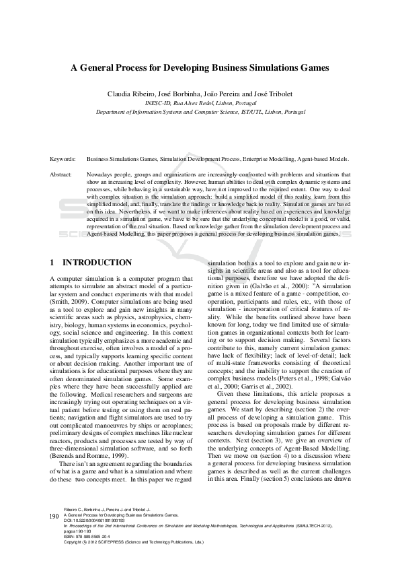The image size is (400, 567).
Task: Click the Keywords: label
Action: click(63, 159)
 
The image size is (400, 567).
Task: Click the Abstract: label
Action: click(61, 174)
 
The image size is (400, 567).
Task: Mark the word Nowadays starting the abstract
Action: click(100, 174)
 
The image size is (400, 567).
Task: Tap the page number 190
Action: click(54, 515)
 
